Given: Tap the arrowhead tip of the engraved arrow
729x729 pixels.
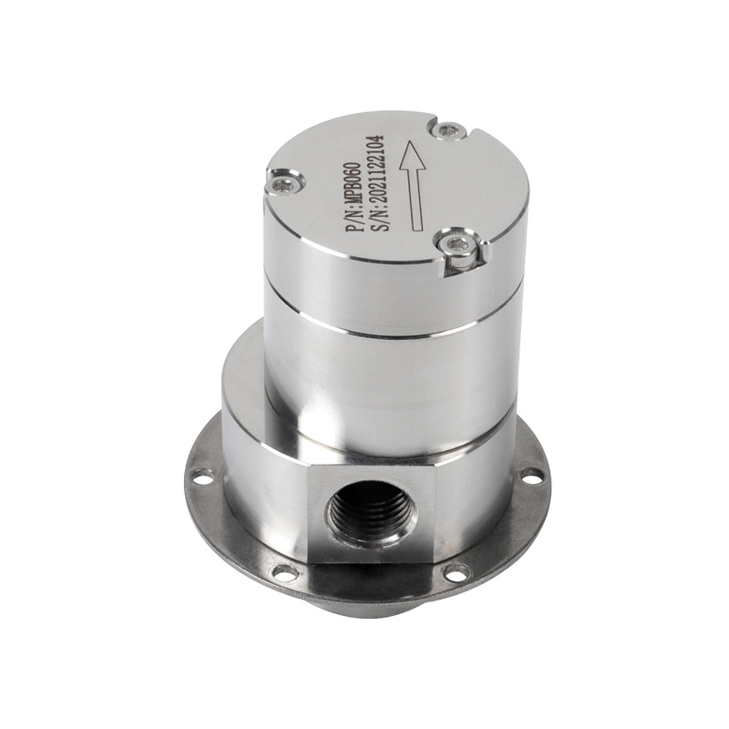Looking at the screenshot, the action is pyautogui.click(x=409, y=142).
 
